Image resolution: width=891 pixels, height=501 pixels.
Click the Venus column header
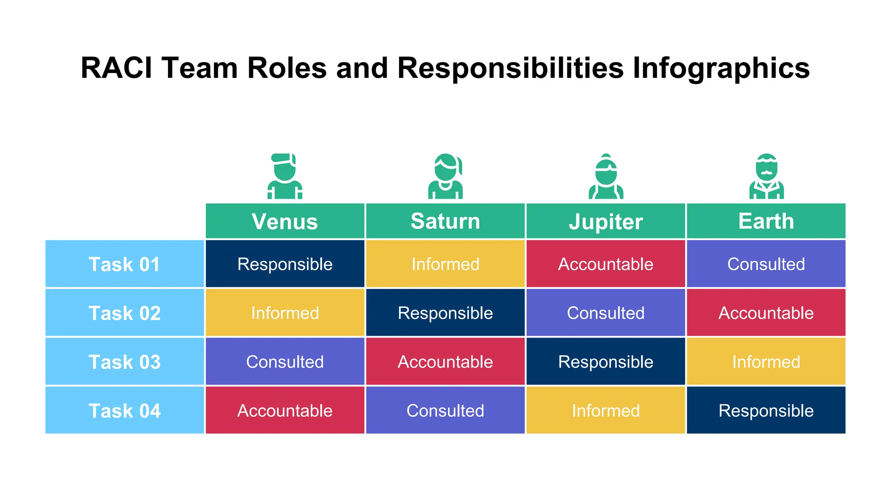coord(285,221)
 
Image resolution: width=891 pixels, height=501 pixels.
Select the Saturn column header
coord(445,221)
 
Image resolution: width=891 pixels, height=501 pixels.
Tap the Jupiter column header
coord(606,221)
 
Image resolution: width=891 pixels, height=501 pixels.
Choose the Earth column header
coord(766,221)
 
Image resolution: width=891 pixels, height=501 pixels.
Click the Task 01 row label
coord(124,264)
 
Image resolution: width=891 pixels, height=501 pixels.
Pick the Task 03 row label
coord(124,361)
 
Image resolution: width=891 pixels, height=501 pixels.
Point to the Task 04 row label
coord(124,410)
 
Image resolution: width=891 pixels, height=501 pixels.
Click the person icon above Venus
coord(285,176)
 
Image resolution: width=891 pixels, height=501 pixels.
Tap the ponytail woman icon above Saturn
coord(445,176)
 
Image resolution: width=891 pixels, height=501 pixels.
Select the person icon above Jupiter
coord(606,176)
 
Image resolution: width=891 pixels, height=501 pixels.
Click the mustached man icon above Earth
coord(766,176)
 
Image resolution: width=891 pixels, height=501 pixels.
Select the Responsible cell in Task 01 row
coord(285,264)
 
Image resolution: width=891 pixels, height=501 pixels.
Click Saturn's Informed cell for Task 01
coord(445,264)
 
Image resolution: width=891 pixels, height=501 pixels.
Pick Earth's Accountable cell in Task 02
coord(766,313)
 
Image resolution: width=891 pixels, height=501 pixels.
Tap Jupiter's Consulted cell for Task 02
coord(606,313)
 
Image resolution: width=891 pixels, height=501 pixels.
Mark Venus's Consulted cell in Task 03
coord(285,361)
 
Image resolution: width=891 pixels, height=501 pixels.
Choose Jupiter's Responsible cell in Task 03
coord(606,361)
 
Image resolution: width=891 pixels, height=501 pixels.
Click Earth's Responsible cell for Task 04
coord(766,410)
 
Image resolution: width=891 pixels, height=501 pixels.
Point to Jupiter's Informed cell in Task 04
coord(606,410)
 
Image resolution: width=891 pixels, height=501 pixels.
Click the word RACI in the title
coord(117,68)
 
